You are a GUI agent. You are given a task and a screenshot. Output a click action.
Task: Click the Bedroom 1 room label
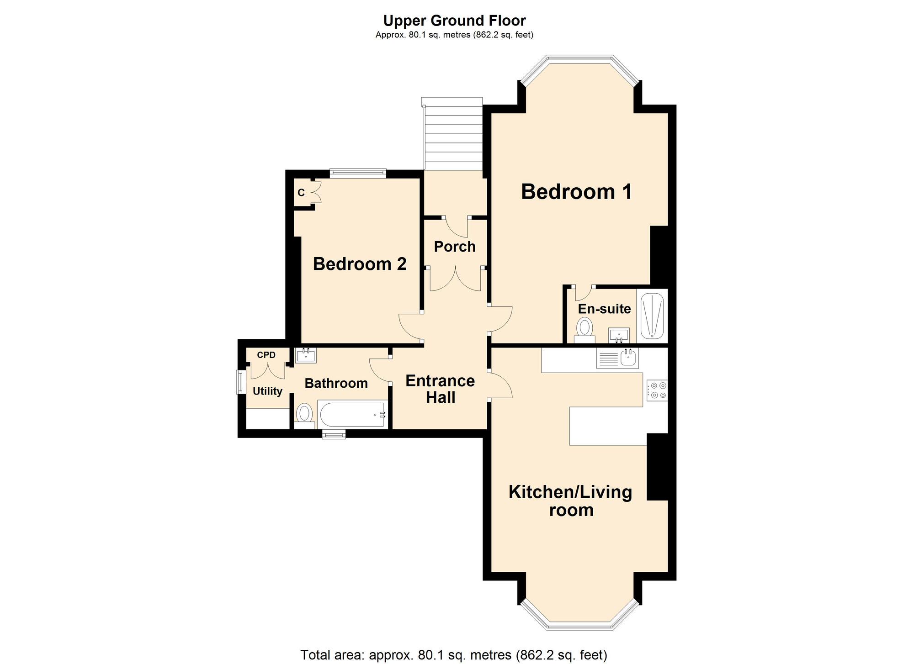click(576, 192)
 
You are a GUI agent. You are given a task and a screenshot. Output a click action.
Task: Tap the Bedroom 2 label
click(360, 264)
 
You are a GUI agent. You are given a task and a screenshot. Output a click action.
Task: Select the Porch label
click(455, 247)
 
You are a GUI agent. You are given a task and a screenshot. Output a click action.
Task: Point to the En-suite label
click(604, 309)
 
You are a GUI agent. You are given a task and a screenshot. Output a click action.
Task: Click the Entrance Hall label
click(440, 389)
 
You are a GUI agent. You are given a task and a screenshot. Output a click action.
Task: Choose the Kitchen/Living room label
click(571, 501)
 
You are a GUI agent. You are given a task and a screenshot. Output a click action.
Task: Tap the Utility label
click(267, 391)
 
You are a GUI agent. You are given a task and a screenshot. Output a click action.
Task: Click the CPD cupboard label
click(266, 355)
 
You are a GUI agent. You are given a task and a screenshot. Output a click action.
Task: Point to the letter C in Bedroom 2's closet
click(301, 193)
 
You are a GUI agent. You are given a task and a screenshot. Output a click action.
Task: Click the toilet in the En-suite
click(585, 331)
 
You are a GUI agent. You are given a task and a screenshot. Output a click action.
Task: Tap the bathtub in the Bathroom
click(352, 414)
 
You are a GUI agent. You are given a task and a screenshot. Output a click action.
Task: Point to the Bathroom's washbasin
click(306, 355)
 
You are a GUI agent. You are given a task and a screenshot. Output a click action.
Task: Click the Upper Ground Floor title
click(454, 21)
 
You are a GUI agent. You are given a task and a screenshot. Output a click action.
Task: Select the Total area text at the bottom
click(454, 655)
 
